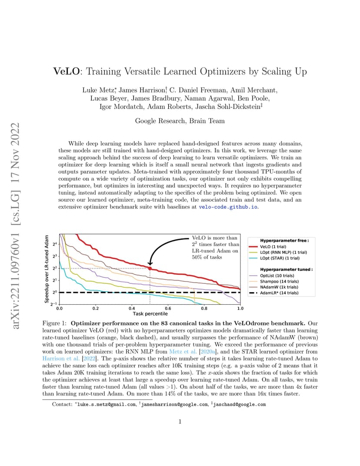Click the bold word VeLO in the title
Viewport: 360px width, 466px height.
click(67, 72)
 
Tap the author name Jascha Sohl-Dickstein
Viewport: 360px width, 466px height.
click(228, 107)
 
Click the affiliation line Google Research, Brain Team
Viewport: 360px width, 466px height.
click(180, 121)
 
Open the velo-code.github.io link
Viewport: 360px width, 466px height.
click(228, 207)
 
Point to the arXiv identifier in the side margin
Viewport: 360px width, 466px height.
click(16, 226)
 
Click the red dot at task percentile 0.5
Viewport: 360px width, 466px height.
click(150, 268)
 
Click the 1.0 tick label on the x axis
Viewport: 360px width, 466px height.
click(240, 309)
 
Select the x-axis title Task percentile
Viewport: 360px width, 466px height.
click(150, 314)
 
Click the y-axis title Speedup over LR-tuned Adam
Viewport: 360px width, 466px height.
click(47, 269)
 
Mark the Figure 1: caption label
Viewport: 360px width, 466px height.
click(54, 323)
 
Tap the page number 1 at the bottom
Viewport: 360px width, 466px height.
click(180, 422)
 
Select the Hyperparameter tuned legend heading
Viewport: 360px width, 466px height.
click(286, 270)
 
